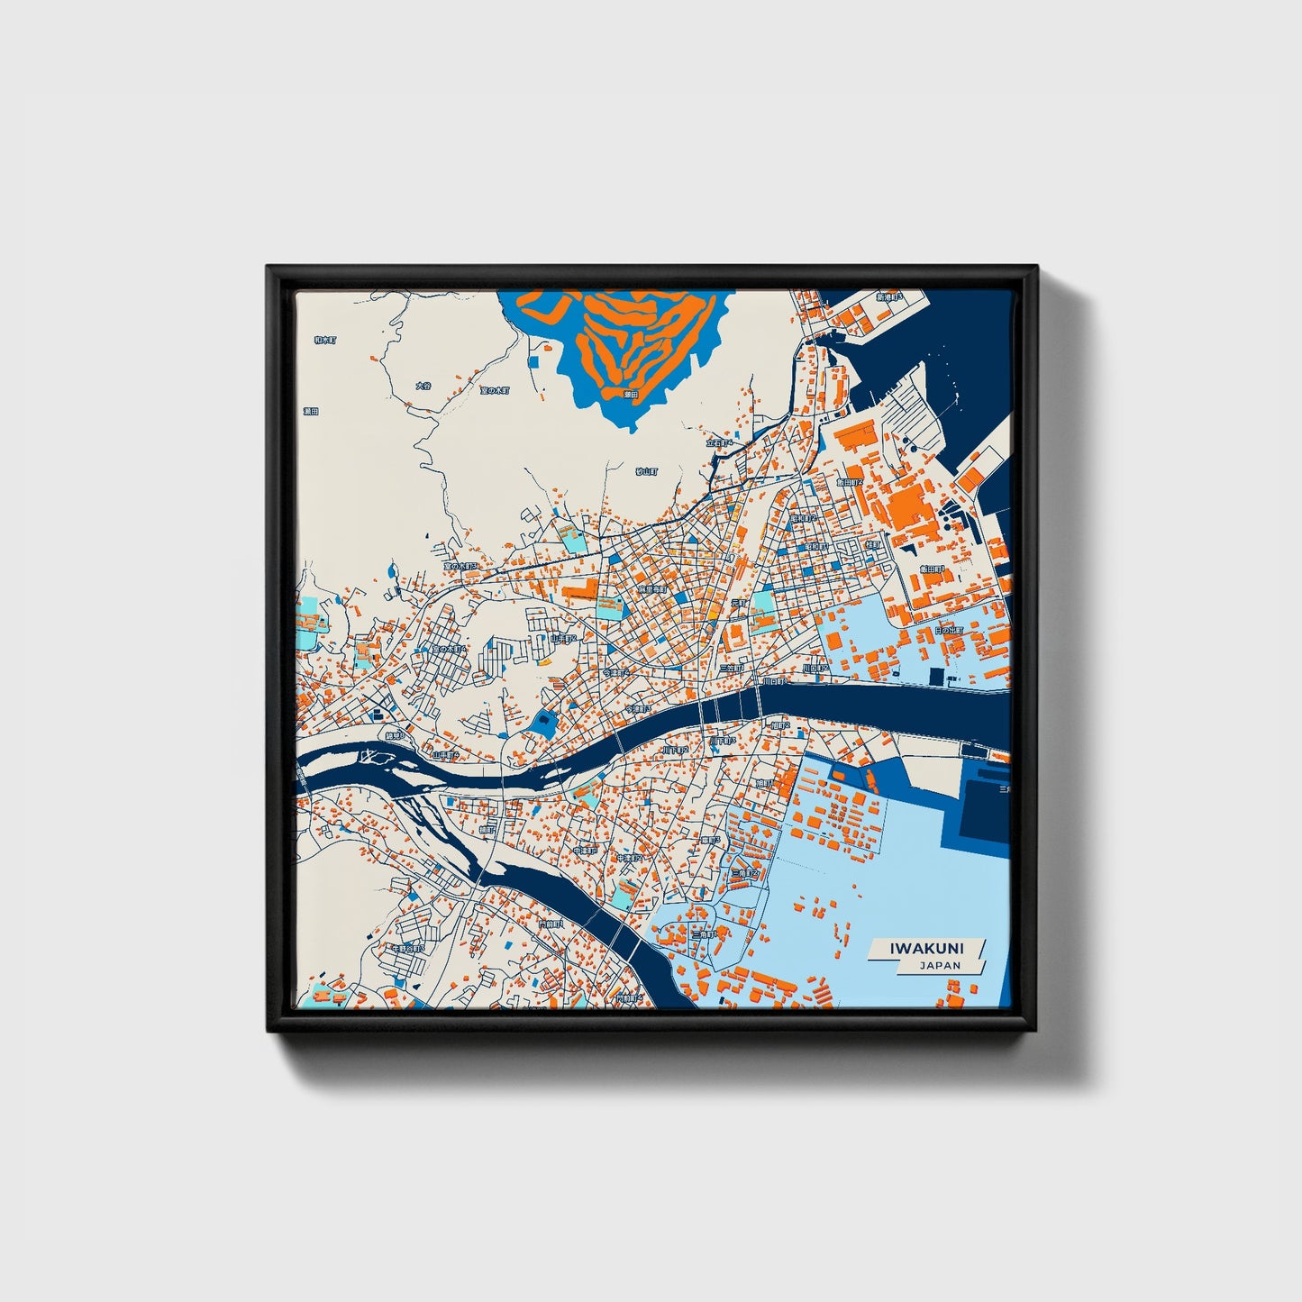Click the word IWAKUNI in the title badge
click(926, 948)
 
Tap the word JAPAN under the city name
click(940, 965)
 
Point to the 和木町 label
click(324, 341)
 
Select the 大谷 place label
click(423, 386)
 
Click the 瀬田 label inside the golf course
click(631, 394)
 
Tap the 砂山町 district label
click(647, 471)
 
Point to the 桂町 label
click(872, 545)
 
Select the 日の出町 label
click(949, 631)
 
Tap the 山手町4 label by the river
click(445, 755)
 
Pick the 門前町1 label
click(549, 924)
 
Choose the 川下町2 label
click(675, 750)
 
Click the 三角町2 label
click(748, 873)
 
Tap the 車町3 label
click(711, 840)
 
